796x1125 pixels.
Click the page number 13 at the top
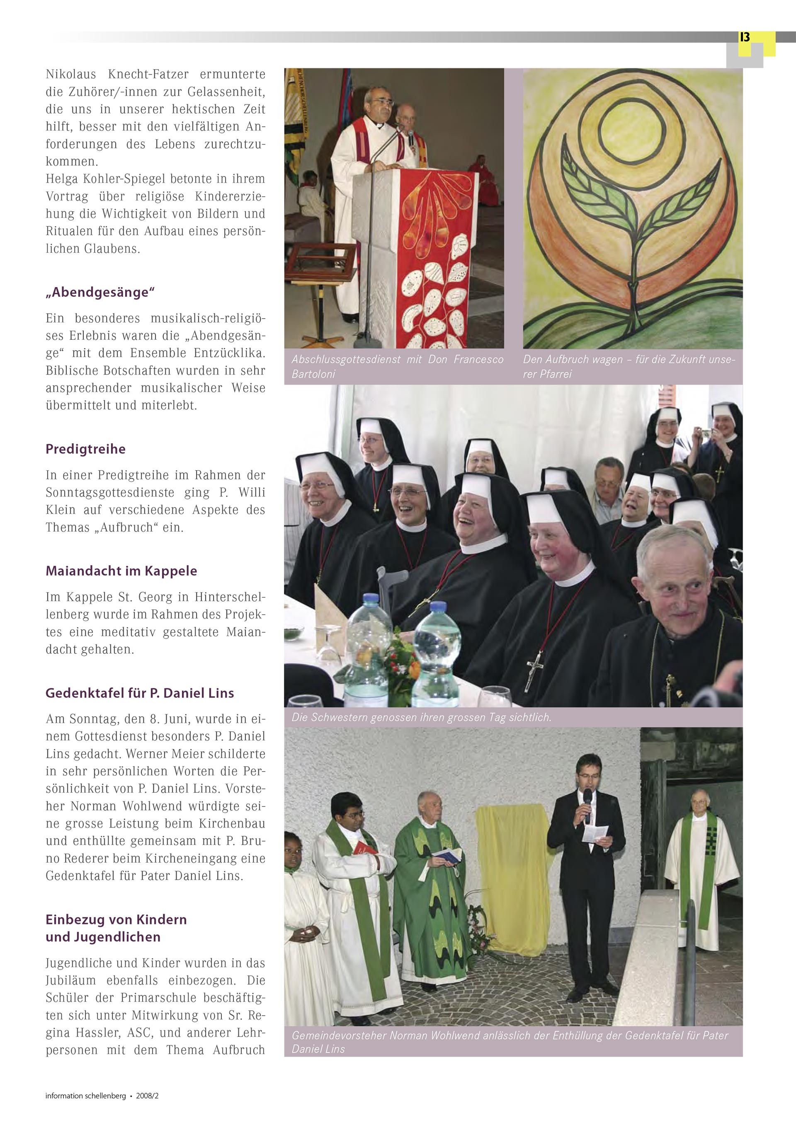point(745,37)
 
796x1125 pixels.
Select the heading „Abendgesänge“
point(100,292)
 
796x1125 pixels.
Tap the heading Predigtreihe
point(85,449)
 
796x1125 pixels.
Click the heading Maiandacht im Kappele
point(121,571)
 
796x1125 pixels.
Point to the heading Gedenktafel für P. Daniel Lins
point(139,693)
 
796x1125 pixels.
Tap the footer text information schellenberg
point(85,1096)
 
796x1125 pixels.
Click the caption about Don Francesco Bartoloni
point(397,366)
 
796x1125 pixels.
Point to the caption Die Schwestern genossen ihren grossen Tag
point(421,717)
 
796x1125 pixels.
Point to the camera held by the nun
point(705,433)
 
